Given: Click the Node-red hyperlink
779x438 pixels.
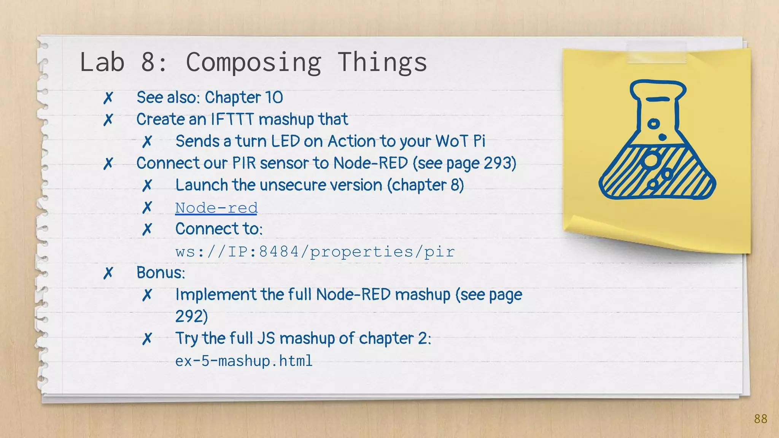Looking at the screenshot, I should [x=216, y=208].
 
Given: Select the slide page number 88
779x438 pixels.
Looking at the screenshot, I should [x=760, y=419].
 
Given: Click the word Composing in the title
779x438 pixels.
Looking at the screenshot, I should [x=253, y=62].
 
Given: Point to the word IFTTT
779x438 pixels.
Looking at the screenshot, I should [x=232, y=119].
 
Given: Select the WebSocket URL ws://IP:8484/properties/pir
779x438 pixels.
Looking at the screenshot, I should [x=315, y=252].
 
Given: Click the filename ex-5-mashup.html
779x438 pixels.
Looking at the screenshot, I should [x=243, y=361].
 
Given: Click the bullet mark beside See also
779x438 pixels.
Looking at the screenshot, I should [x=108, y=98].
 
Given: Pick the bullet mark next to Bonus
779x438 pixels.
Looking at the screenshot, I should [x=108, y=273].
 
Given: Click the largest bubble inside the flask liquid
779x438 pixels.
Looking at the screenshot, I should [x=651, y=160].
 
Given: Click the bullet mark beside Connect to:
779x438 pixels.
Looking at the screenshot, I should [x=147, y=229].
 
